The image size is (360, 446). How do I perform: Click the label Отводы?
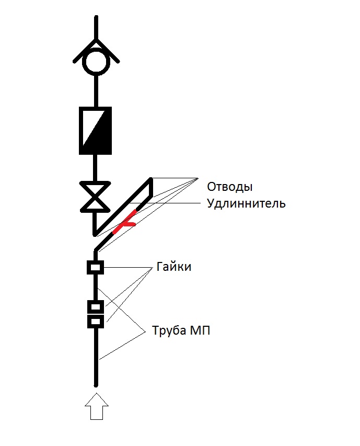(229, 187)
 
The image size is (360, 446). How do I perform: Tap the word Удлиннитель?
(246, 203)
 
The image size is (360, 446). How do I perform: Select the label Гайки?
(173, 267)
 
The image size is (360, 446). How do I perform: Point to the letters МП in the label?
(200, 330)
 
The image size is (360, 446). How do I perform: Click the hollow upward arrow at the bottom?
(97, 406)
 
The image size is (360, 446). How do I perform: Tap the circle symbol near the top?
(96, 61)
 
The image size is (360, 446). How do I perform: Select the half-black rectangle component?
(95, 131)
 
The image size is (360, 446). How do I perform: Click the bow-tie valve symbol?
(95, 197)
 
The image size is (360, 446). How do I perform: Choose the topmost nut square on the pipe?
(95, 267)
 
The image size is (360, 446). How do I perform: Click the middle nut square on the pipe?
(95, 307)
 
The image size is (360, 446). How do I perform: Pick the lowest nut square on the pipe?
(95, 322)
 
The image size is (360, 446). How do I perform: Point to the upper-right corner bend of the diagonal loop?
(151, 179)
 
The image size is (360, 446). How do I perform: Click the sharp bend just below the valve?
(95, 234)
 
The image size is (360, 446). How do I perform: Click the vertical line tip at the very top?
(96, 17)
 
